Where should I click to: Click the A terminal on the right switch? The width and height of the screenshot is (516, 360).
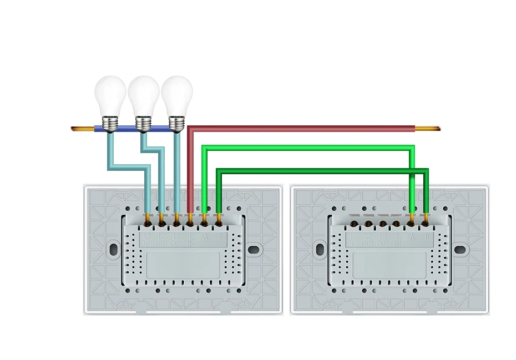coord(411,223)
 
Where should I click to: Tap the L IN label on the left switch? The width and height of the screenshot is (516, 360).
coord(190,240)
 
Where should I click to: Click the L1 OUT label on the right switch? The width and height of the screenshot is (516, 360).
coord(382,240)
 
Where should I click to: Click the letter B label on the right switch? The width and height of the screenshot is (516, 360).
coord(426,236)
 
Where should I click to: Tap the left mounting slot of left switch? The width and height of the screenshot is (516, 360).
coord(113,249)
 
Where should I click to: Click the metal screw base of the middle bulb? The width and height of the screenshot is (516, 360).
coord(144,123)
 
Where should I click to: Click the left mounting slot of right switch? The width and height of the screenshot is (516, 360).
coord(320,249)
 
